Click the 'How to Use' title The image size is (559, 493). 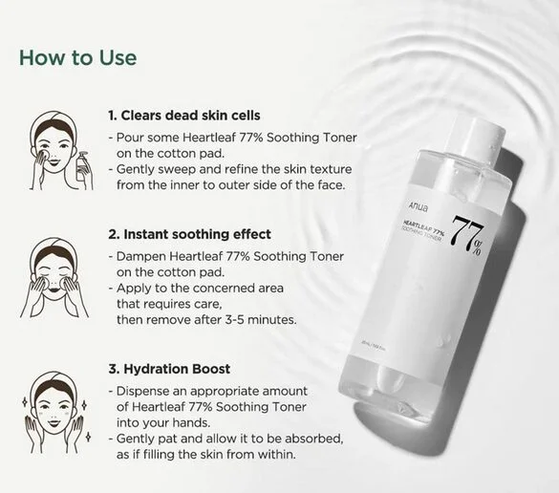pos(77,57)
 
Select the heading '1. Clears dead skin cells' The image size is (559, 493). pos(184,116)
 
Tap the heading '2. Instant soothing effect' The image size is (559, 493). pos(189,234)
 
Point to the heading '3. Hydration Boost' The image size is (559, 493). pos(169,369)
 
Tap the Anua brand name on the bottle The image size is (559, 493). pos(418,207)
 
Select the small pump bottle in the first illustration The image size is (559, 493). pos(82,166)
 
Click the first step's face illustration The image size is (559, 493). pos(61,150)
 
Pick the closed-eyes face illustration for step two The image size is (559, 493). pos(54,277)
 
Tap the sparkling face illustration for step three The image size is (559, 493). pos(55,412)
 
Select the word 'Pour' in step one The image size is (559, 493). pos(129,138)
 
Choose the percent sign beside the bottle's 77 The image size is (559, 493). pos(478,247)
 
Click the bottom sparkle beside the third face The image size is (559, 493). pos(89,437)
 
